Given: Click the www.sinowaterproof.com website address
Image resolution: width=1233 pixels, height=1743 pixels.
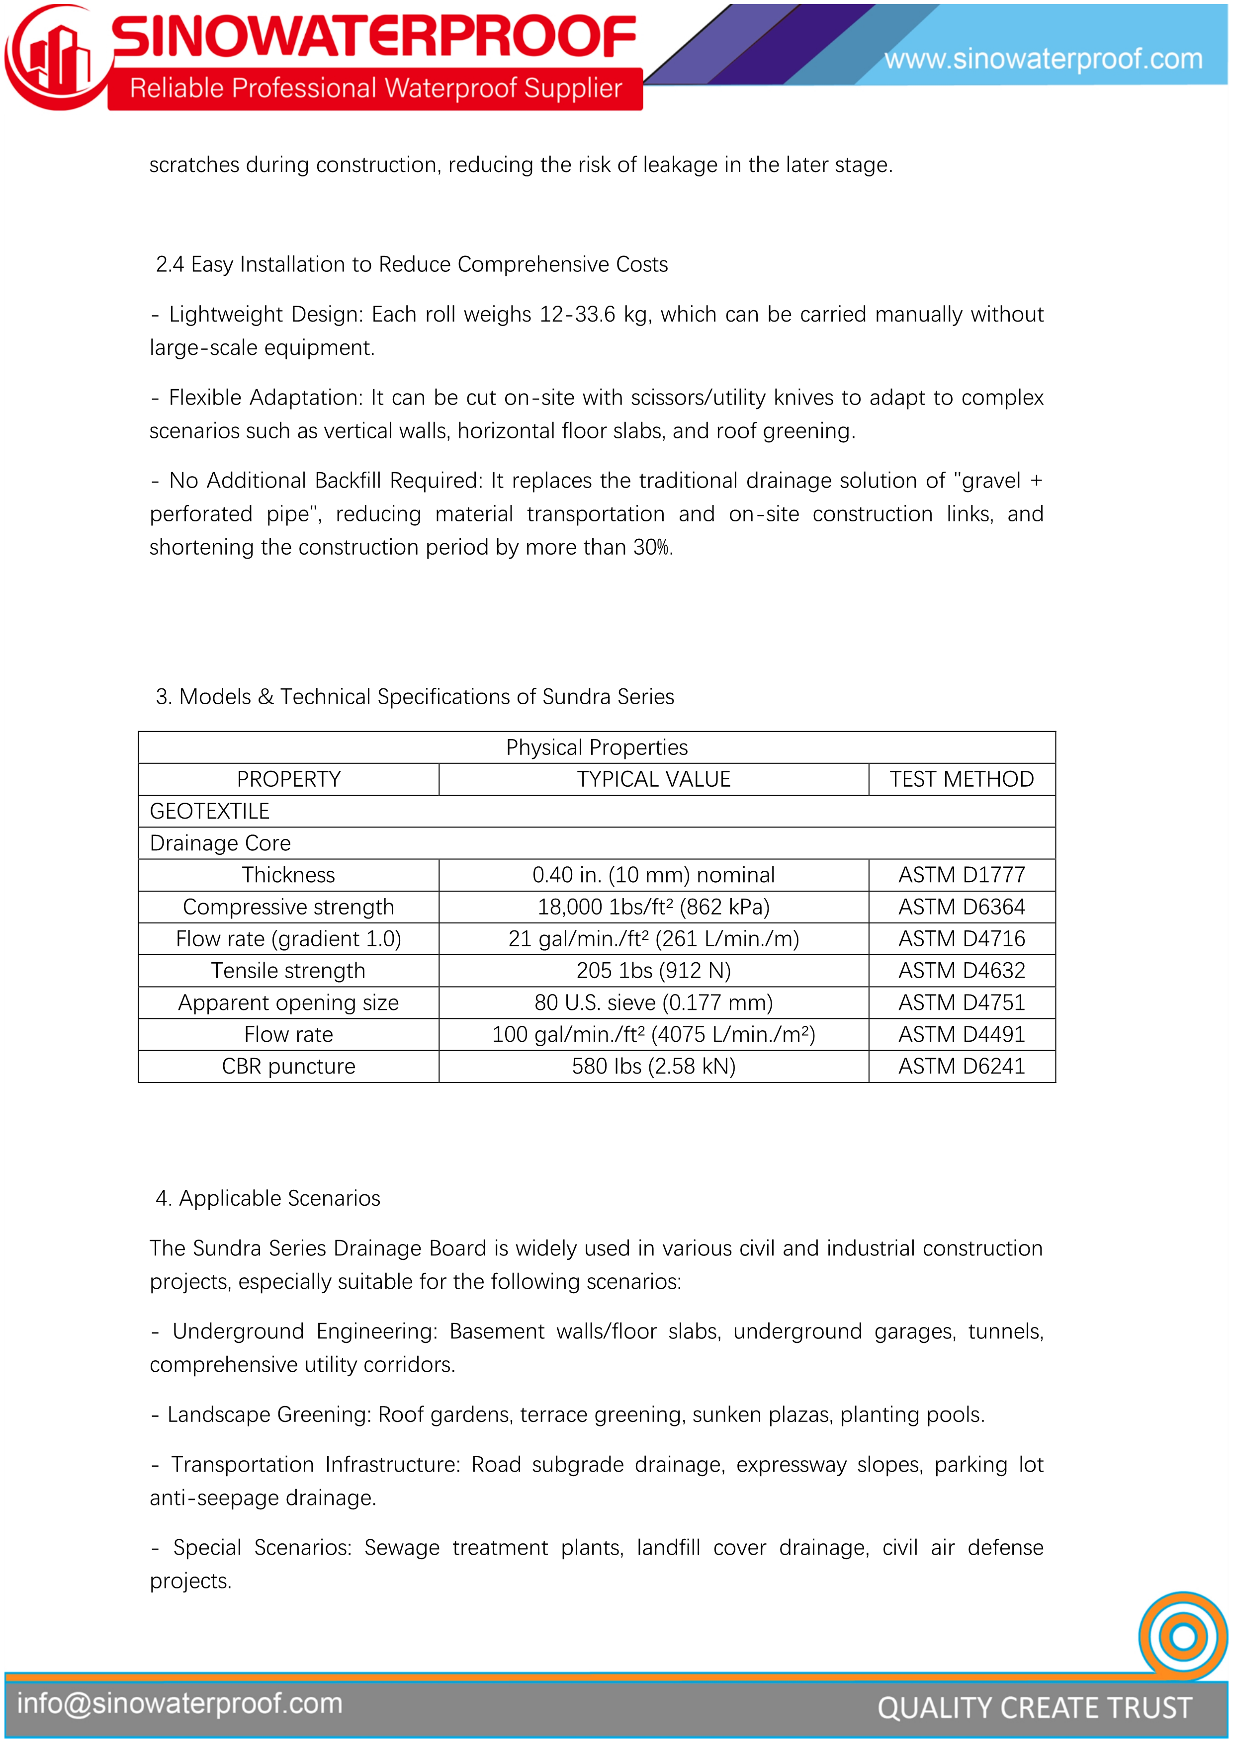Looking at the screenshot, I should (x=1043, y=59).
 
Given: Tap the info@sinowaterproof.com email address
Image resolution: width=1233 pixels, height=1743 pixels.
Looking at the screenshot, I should (x=180, y=1704).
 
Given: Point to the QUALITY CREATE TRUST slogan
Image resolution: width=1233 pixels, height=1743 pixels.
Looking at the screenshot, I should (x=1034, y=1707).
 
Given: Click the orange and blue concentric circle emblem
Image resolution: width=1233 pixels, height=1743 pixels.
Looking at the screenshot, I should (x=1183, y=1636).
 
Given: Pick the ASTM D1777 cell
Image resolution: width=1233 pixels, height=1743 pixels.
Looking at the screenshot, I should (x=961, y=875).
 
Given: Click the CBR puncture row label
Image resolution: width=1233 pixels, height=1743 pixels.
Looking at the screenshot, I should (x=288, y=1067).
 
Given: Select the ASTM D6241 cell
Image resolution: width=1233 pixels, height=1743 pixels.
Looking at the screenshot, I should (x=961, y=1067).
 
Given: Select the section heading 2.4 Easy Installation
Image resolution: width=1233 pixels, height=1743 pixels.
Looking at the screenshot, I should (x=412, y=264).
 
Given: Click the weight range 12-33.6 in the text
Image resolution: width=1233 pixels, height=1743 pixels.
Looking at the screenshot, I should (x=577, y=314).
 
